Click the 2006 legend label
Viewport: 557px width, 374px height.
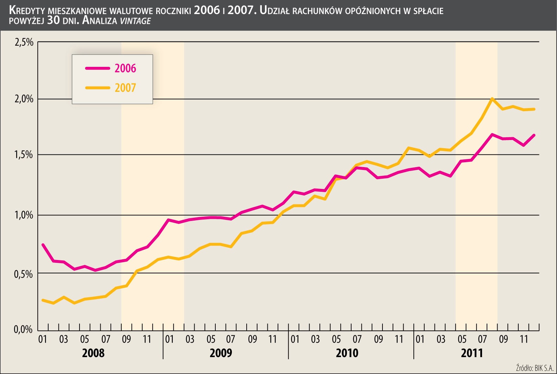[x=125, y=68]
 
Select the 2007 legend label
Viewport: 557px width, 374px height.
[x=125, y=88]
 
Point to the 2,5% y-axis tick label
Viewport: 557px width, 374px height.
[x=24, y=43]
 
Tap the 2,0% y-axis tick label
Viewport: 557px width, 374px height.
[x=24, y=99]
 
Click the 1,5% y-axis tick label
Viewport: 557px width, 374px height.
[x=24, y=155]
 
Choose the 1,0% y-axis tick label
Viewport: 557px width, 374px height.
[x=24, y=215]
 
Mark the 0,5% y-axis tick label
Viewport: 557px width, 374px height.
[x=24, y=274]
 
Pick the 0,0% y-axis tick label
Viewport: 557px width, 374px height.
[x=23, y=330]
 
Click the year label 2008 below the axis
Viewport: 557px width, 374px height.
[x=93, y=353]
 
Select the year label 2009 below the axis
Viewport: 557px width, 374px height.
[x=221, y=353]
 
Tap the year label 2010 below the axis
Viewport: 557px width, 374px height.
[x=347, y=353]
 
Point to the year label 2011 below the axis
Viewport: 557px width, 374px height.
[x=472, y=353]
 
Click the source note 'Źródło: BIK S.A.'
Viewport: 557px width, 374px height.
[x=534, y=368]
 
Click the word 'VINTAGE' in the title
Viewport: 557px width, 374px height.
[x=135, y=21]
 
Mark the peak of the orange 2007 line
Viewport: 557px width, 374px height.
[x=492, y=99]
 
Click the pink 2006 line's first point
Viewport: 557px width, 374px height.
[x=43, y=245]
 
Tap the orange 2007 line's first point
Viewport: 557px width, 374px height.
[x=43, y=300]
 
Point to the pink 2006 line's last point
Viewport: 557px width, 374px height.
[x=534, y=135]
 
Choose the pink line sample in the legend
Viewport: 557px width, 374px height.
[x=97, y=68]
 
